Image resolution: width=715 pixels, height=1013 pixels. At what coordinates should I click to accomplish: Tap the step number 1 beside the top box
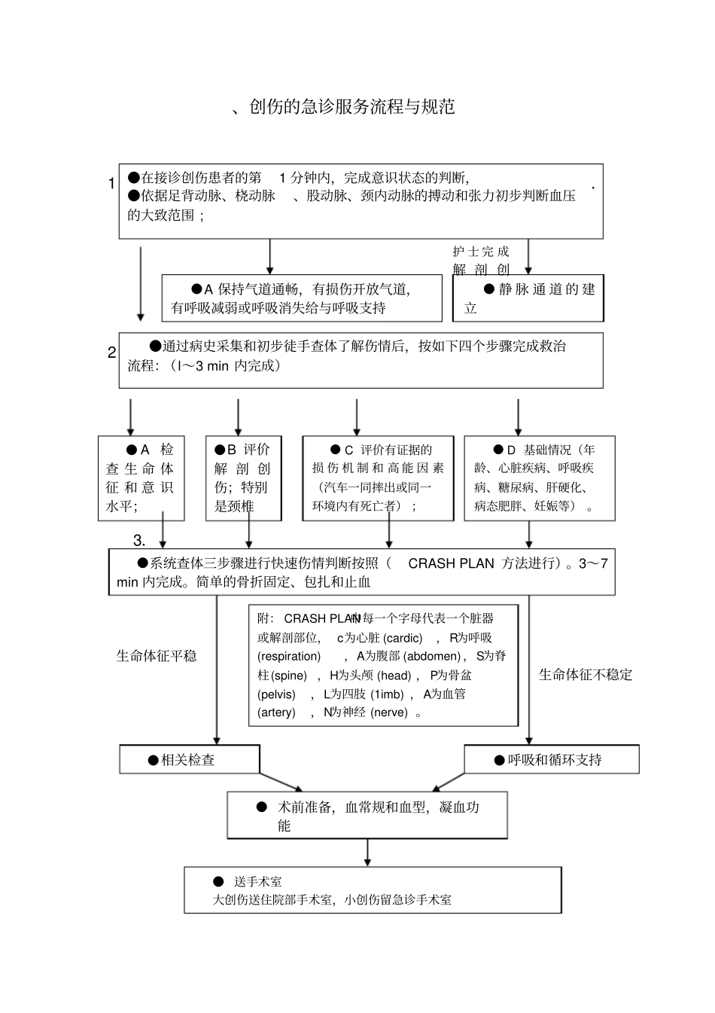coord(111,184)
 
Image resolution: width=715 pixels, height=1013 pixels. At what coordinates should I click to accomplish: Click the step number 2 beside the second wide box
coord(111,352)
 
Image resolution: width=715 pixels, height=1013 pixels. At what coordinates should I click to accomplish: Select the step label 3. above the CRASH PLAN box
coord(139,541)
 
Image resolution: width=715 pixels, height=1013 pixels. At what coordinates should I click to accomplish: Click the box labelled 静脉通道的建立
coord(528,298)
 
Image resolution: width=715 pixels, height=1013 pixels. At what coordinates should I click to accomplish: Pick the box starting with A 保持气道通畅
coord(302,298)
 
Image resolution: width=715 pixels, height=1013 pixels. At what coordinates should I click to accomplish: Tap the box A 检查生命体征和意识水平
coord(141,478)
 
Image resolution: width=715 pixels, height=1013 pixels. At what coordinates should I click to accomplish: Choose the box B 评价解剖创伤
coord(243,478)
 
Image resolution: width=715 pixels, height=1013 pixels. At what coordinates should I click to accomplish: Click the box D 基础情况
coord(539,478)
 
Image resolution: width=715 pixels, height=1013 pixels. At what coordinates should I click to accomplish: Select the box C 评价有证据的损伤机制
coord(378,478)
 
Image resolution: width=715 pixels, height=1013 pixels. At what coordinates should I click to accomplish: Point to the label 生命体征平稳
coord(157,656)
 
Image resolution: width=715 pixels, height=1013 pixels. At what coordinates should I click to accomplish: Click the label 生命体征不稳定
coord(586,675)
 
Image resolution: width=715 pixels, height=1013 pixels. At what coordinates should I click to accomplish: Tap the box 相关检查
coord(189,759)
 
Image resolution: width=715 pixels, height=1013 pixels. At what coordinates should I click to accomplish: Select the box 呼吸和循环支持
coord(551,759)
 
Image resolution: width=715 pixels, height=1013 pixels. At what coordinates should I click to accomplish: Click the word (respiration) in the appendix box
coord(289,656)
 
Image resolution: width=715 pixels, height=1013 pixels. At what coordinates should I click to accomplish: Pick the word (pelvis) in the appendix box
coord(276,694)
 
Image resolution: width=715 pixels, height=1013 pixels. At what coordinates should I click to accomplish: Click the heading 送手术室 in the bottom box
coord(257,881)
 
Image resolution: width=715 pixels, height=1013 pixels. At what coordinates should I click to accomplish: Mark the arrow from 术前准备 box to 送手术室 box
coord(367,852)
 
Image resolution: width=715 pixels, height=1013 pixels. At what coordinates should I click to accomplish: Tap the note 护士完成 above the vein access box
coord(481,252)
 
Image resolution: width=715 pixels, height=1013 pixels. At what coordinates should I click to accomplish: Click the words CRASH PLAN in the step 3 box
coord(451,563)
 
